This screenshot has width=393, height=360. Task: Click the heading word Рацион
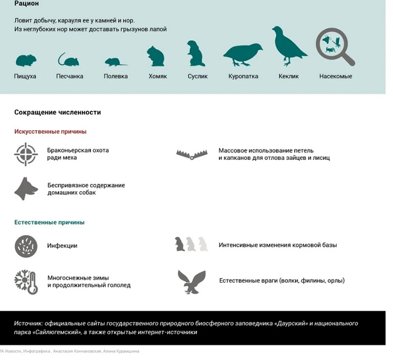pyautogui.click(x=26, y=4)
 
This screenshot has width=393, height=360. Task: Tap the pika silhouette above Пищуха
pyautogui.click(x=25, y=60)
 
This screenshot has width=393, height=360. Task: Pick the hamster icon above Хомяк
pyautogui.click(x=156, y=56)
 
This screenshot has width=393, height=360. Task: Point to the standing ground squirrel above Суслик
pyautogui.click(x=194, y=54)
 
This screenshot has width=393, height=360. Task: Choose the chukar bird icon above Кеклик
pyautogui.click(x=288, y=46)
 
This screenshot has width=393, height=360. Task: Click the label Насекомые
pyautogui.click(x=336, y=76)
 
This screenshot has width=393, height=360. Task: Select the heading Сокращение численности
pyautogui.click(x=57, y=112)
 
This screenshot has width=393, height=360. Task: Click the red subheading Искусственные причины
pyautogui.click(x=51, y=132)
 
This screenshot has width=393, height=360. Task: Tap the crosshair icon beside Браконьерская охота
pyautogui.click(x=25, y=154)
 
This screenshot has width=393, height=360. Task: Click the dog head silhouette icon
pyautogui.click(x=25, y=189)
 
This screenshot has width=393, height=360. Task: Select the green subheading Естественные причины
pyautogui.click(x=49, y=223)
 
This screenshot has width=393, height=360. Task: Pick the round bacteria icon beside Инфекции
pyautogui.click(x=25, y=246)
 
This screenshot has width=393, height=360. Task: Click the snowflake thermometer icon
pyautogui.click(x=26, y=281)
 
